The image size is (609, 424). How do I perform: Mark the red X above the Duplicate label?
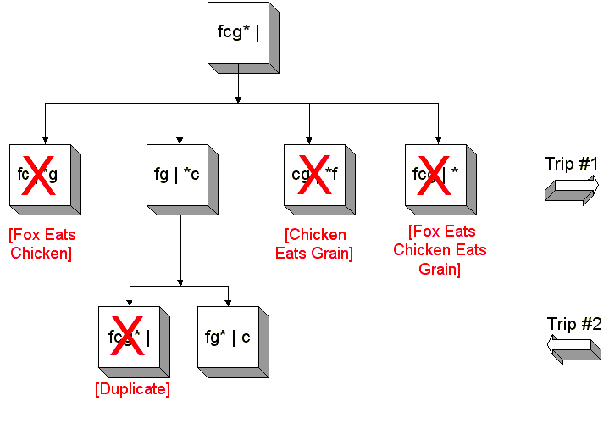[127, 337]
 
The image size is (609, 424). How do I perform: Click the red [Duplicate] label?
[132, 389]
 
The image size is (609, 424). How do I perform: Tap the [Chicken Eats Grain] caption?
[314, 244]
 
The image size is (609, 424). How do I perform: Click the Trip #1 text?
[572, 164]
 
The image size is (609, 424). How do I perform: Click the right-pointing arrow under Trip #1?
[572, 190]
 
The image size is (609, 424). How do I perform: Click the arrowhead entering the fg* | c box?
[228, 302]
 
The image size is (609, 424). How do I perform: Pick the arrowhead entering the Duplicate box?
[129, 302]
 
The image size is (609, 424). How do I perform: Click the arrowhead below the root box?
[238, 98]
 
